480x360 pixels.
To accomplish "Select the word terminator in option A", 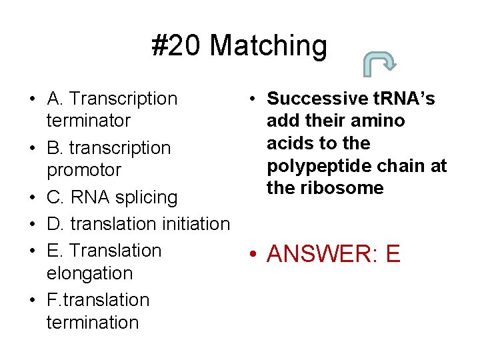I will [x=88, y=121].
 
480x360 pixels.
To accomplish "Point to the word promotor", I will [x=84, y=170].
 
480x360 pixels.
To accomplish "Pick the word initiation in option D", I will [x=193, y=224].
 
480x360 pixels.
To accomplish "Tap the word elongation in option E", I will [x=89, y=273].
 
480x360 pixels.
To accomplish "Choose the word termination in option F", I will [x=93, y=323].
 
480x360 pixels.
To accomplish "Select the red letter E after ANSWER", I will [x=393, y=254].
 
